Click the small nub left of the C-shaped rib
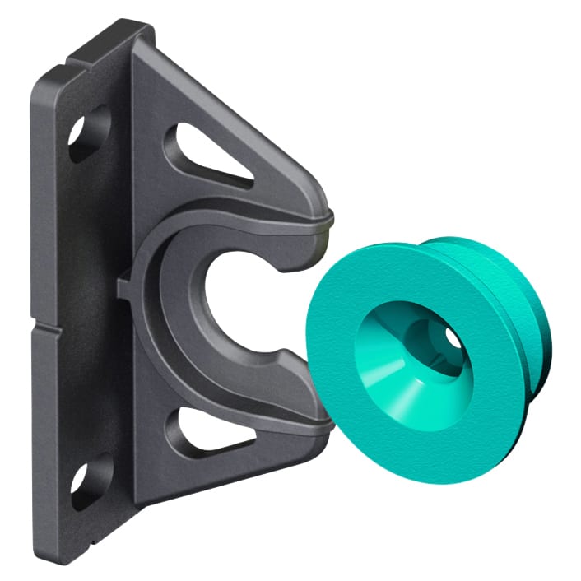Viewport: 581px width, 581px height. pyautogui.click(x=124, y=287)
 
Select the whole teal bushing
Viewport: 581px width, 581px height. pyautogui.click(x=420, y=346)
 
